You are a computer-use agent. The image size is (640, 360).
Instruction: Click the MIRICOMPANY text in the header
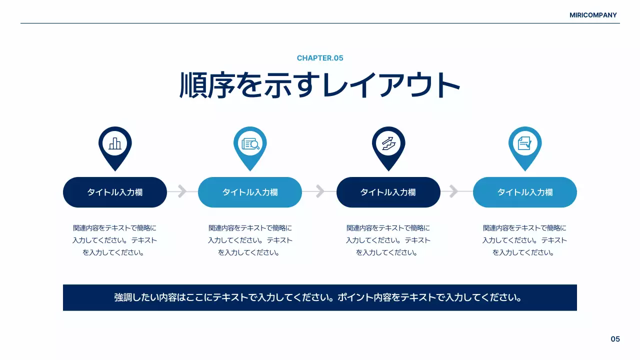(593, 15)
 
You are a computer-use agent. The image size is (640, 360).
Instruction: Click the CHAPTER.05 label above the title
(320, 58)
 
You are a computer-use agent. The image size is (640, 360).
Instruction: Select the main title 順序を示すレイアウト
(320, 85)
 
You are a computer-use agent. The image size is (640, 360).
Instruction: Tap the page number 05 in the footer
(615, 339)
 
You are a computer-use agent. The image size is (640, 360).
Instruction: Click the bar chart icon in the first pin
(115, 143)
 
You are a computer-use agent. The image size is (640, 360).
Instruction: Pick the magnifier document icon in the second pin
(250, 143)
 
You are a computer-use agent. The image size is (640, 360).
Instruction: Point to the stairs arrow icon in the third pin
(388, 143)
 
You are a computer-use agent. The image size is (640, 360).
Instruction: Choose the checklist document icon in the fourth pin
(525, 143)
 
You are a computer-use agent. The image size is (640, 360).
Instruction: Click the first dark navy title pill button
(115, 192)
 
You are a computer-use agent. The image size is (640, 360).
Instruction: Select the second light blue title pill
(250, 192)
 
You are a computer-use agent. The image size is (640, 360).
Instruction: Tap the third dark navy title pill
(388, 192)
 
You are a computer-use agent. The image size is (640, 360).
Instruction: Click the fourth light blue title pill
(525, 192)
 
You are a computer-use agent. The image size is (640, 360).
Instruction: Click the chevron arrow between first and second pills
(182, 191)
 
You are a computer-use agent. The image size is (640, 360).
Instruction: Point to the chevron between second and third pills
(320, 191)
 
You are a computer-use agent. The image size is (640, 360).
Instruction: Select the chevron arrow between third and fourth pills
(454, 191)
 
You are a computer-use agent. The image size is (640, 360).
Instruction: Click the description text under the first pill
(115, 240)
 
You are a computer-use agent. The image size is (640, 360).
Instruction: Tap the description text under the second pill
(250, 240)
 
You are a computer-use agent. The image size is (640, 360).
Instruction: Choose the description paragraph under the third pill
(388, 240)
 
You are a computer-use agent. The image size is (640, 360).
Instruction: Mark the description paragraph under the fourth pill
(525, 240)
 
